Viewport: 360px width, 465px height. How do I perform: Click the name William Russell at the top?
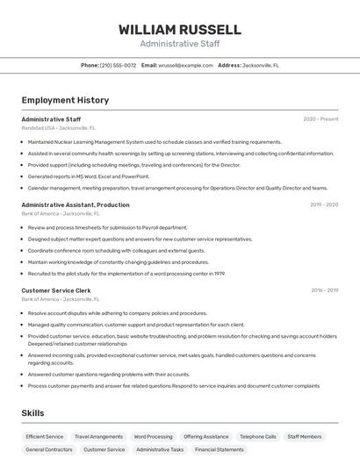click(180, 30)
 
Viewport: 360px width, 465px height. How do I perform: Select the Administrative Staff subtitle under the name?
click(180, 44)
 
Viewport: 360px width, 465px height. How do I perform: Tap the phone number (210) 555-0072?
click(118, 65)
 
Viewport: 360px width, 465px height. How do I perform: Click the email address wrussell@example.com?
click(185, 65)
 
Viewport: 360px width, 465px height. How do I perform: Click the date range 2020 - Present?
click(320, 119)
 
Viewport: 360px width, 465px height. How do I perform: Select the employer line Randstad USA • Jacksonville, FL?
click(58, 127)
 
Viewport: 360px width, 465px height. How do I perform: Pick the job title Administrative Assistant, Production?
click(76, 204)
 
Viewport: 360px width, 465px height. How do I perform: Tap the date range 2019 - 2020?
click(324, 204)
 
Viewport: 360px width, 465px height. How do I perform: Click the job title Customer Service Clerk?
click(56, 290)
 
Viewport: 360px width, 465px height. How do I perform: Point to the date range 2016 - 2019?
click(324, 290)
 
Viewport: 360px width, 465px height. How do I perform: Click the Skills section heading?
click(33, 412)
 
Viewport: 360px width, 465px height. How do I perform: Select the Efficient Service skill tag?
click(45, 436)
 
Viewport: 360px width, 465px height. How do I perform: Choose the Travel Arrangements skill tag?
click(98, 436)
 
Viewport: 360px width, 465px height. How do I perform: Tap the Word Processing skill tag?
click(153, 436)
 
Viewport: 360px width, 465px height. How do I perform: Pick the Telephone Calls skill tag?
click(257, 436)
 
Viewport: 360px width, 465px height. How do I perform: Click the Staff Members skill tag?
click(304, 436)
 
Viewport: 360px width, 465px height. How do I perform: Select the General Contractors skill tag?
click(49, 449)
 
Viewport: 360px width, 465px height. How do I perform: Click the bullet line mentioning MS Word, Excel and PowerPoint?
click(89, 176)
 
